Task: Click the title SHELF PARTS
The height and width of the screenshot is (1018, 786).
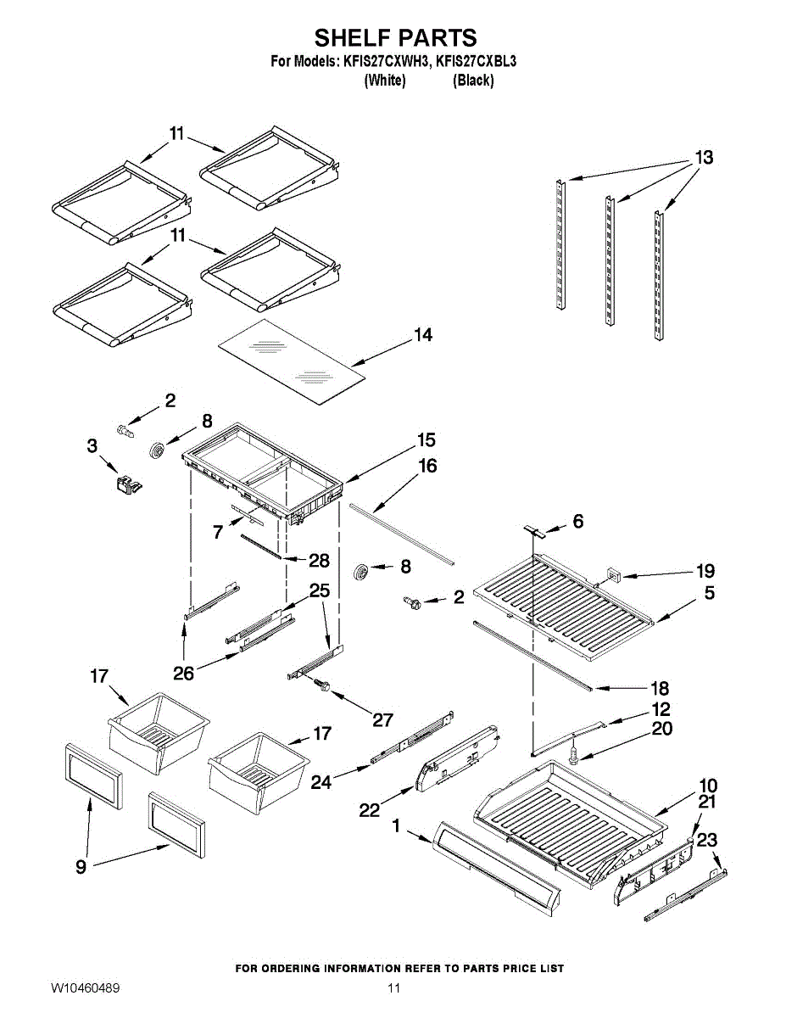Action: (x=395, y=37)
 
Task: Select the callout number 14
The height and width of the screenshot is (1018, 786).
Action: (x=423, y=336)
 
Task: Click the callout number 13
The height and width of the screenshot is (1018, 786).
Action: (x=704, y=158)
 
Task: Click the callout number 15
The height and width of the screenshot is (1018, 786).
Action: (x=426, y=440)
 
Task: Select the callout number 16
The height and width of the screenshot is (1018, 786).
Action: (x=427, y=466)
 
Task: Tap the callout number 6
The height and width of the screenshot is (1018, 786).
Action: (x=577, y=522)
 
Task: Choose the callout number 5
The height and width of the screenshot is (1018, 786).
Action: (x=709, y=593)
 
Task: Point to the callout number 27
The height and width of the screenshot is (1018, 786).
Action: (x=383, y=719)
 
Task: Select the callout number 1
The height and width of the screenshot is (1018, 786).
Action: (x=396, y=824)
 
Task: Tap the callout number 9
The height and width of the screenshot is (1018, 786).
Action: (x=81, y=866)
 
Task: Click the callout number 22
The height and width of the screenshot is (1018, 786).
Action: (x=369, y=810)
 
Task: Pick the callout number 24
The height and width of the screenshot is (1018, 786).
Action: (x=321, y=782)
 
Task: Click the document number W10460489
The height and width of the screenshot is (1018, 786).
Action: (x=85, y=988)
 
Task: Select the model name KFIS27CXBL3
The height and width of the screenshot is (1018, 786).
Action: (x=477, y=61)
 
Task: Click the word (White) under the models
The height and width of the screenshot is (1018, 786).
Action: (x=384, y=81)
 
